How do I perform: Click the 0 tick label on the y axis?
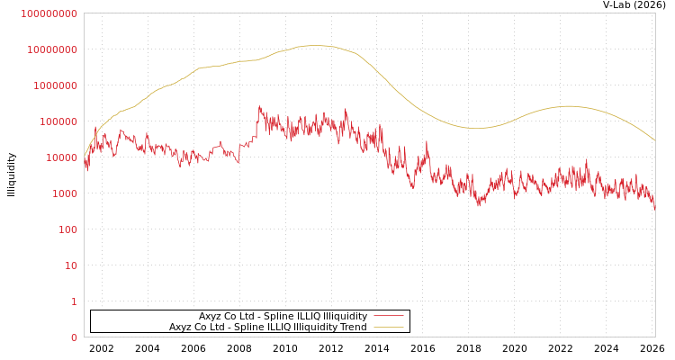(74, 337)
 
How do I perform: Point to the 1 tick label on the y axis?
(74, 301)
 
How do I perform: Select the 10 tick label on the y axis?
(71, 265)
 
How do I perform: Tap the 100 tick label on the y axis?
(68, 229)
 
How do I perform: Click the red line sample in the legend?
(388, 317)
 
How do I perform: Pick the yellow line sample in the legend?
(388, 328)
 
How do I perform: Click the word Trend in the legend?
(352, 328)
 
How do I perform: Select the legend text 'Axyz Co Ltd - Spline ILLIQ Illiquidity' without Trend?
(283, 317)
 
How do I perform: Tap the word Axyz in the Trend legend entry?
(181, 328)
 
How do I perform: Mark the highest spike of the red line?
(259, 106)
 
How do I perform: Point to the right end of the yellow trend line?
(655, 140)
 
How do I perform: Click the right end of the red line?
(655, 208)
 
